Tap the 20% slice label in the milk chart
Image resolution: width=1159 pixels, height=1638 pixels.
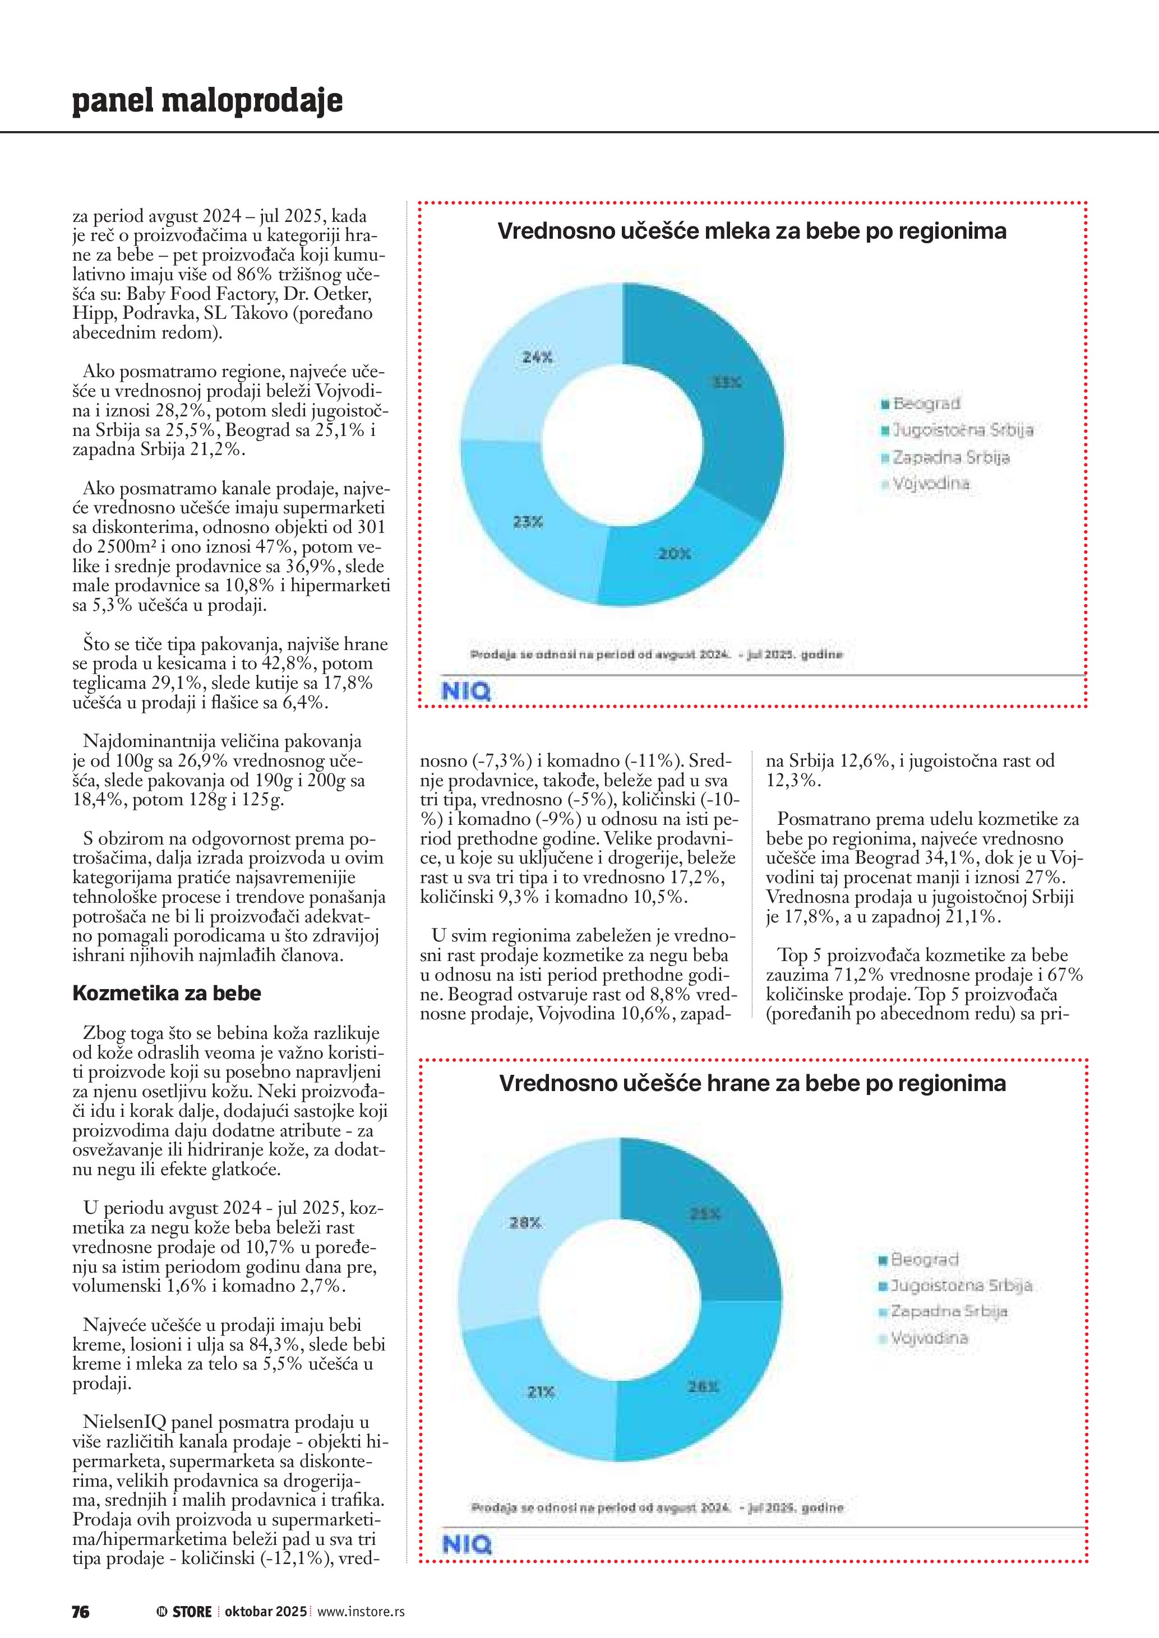pyautogui.click(x=674, y=554)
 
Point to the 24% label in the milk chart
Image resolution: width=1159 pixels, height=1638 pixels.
pyautogui.click(x=537, y=358)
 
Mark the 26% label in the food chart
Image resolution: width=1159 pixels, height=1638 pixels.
pyautogui.click(x=703, y=1386)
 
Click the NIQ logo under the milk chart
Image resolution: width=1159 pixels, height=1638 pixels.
pyautogui.click(x=466, y=692)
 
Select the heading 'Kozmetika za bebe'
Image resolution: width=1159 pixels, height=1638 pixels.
pyautogui.click(x=167, y=993)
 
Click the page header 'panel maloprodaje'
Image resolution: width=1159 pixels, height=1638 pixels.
pyautogui.click(x=207, y=101)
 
